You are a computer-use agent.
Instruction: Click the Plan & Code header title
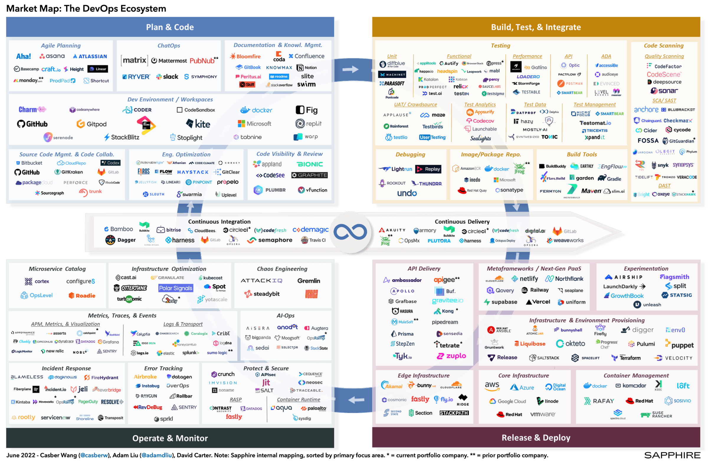click(x=170, y=27)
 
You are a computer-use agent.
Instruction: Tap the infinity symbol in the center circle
click(x=350, y=232)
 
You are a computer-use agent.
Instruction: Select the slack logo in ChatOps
click(x=167, y=77)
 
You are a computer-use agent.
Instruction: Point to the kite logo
click(x=198, y=124)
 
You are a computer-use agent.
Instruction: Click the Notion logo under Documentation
click(x=307, y=68)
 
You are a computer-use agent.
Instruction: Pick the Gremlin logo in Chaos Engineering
click(x=309, y=281)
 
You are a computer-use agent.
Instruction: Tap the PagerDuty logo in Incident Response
click(x=88, y=402)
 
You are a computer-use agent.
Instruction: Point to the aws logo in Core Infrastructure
click(x=492, y=386)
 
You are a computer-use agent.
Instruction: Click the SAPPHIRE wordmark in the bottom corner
click(x=672, y=455)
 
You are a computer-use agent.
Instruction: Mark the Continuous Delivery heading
click(x=462, y=222)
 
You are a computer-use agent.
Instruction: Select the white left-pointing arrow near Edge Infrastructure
click(x=356, y=400)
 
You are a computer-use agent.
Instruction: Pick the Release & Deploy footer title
click(x=536, y=438)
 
